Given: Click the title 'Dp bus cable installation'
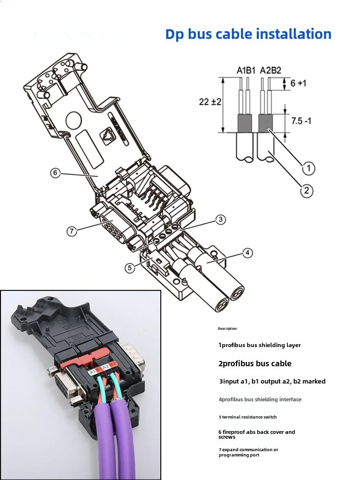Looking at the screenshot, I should tap(248, 34).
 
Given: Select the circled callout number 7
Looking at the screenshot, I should tap(72, 231).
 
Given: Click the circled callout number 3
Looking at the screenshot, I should tap(220, 219).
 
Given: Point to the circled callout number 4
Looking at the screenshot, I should tap(247, 253).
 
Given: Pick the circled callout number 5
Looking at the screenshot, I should tap(130, 268).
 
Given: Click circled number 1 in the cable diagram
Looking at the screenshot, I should tap(308, 168).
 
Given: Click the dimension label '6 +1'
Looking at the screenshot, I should tap(298, 83).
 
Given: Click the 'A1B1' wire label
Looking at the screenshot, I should tap(247, 71).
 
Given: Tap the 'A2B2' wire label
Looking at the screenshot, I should tap(270, 71).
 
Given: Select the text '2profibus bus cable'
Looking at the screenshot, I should tap(255, 363).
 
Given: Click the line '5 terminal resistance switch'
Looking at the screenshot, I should tap(247, 417).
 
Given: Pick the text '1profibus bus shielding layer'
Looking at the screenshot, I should tap(259, 345).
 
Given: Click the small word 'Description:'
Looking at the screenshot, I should tap(228, 328).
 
